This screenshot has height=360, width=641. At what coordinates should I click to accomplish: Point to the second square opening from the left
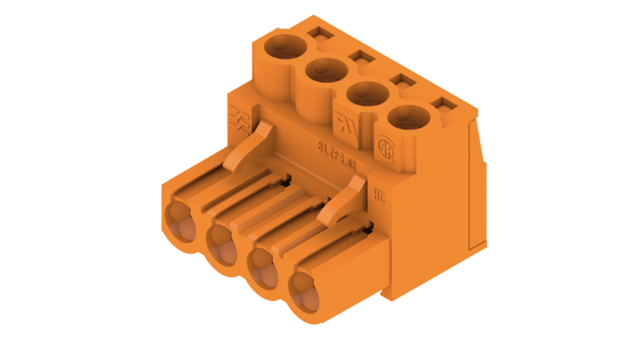[x=362, y=57]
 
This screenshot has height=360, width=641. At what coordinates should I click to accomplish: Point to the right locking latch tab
[x=343, y=200]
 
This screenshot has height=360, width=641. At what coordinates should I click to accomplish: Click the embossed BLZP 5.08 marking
[x=336, y=154]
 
